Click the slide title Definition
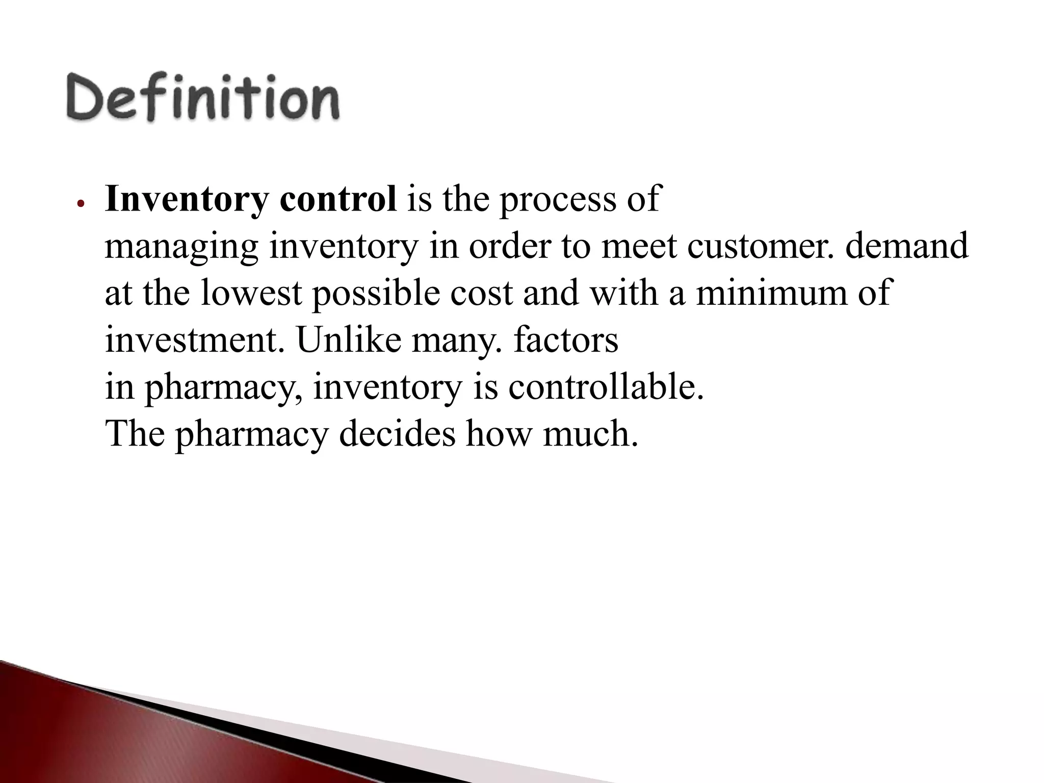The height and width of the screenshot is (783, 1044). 202,98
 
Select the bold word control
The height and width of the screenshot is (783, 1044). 338,199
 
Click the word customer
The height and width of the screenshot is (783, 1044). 760,246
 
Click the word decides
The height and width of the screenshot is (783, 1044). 397,434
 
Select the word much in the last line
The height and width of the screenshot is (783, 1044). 589,434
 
